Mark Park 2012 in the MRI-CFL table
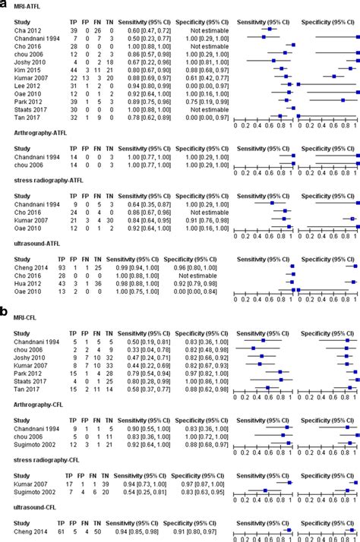[x=24, y=373]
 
